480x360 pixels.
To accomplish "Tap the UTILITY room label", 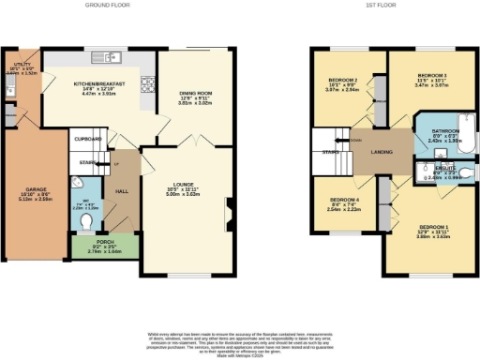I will click(x=20, y=64).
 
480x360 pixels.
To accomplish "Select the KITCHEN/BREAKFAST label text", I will click(x=99, y=82).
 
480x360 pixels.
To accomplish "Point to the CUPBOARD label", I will click(x=88, y=138).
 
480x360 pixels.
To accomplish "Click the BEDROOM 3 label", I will click(x=432, y=73).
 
